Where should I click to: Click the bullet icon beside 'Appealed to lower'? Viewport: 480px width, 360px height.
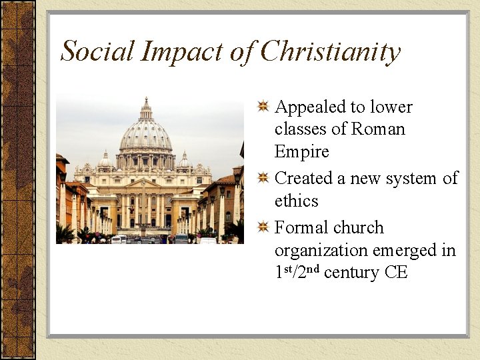point(263,107)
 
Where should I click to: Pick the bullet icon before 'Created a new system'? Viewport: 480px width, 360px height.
point(263,178)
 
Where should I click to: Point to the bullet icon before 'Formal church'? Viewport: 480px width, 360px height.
point(263,227)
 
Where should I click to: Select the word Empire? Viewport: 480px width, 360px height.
point(301,152)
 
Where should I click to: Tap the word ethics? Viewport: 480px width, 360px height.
point(296,201)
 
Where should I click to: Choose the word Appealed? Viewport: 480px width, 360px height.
point(313,108)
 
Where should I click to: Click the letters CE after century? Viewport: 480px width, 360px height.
point(395,273)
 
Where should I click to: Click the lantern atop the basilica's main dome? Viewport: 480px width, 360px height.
point(146,107)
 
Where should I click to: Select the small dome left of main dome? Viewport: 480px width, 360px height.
point(105,160)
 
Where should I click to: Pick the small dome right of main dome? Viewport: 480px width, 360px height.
point(185,161)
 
